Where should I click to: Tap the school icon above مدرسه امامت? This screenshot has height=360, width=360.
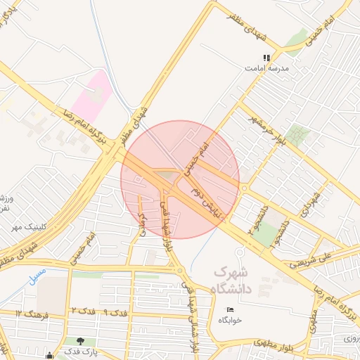click(x=266, y=58)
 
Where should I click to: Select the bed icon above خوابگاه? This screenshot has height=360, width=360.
click(x=230, y=309)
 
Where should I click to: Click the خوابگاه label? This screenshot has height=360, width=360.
click(x=230, y=319)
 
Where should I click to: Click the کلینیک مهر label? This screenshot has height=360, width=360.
click(x=24, y=227)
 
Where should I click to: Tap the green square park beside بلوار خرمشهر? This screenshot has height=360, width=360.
click(x=301, y=136)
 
